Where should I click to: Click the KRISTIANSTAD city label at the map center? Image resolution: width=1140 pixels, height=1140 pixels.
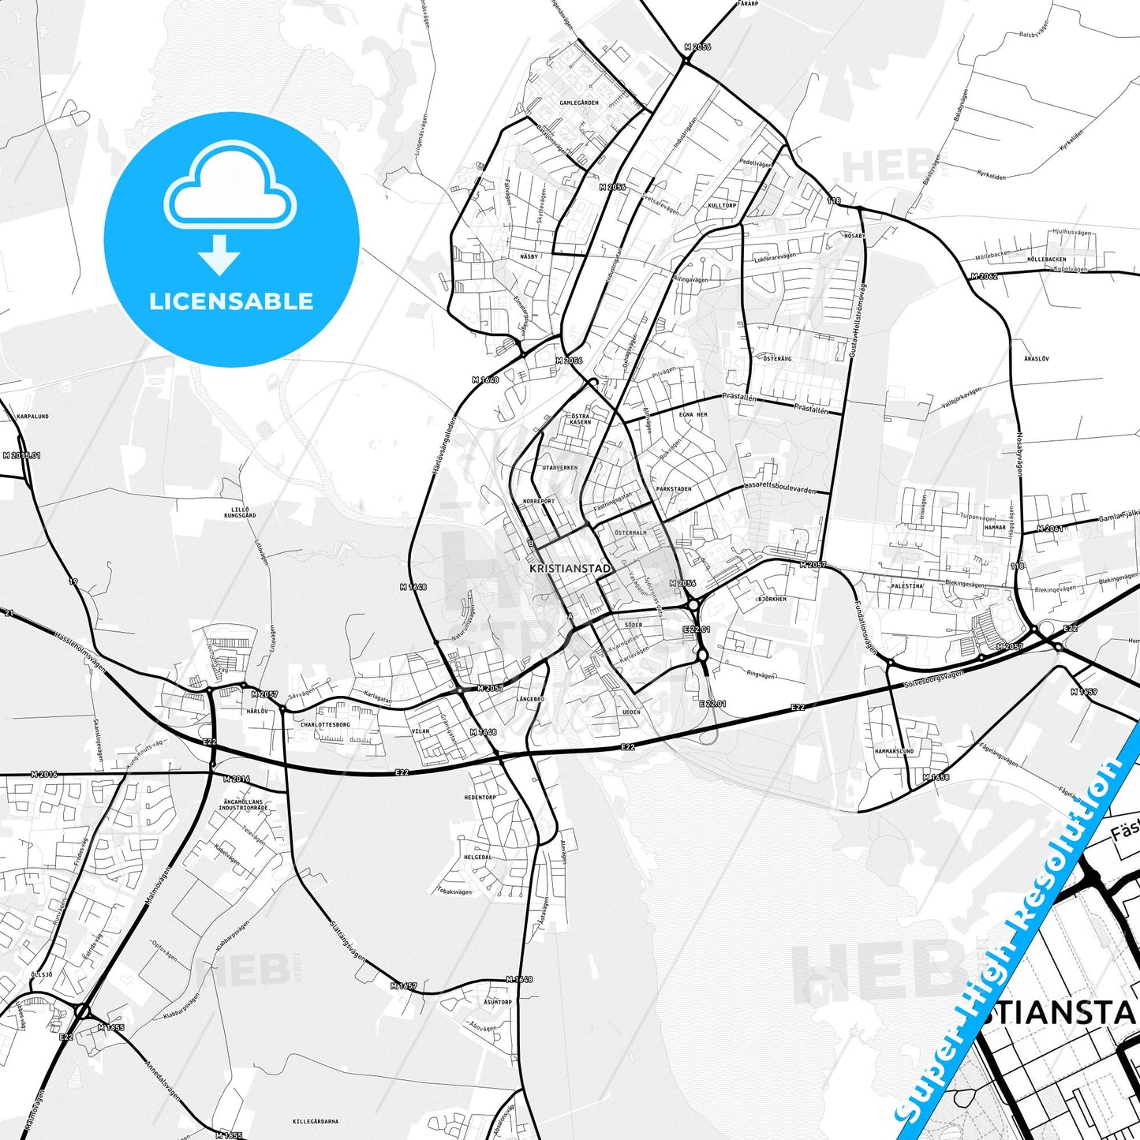coord(570,568)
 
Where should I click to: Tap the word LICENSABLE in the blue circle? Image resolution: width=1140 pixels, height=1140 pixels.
coord(231,301)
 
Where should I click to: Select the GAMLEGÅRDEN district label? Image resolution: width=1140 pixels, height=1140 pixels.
coord(579,103)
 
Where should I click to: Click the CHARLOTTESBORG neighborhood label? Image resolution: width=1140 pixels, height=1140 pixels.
coord(325,724)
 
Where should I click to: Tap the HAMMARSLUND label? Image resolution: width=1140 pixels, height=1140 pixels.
coord(894,752)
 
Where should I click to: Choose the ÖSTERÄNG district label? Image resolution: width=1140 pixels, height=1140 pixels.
coord(777,359)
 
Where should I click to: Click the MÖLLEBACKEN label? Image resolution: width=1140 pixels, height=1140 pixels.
coord(1047,260)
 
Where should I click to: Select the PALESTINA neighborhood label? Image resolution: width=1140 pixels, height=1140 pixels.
coord(906,586)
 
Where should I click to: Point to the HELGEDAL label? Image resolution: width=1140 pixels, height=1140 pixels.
coord(478,858)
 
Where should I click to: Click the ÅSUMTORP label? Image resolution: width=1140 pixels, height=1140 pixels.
coord(498,1003)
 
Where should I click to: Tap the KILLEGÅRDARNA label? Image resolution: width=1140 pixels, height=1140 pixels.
coord(316,1121)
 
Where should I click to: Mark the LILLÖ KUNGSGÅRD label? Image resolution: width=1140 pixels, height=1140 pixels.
coord(240,512)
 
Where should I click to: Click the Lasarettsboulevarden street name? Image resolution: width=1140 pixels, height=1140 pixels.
coord(779,489)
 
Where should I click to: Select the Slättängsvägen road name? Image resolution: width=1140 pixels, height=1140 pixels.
coord(347,942)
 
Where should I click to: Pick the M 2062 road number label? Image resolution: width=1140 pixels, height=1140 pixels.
coord(984,277)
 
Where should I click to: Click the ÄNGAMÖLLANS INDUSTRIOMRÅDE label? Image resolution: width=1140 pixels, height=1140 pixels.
coord(243,805)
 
